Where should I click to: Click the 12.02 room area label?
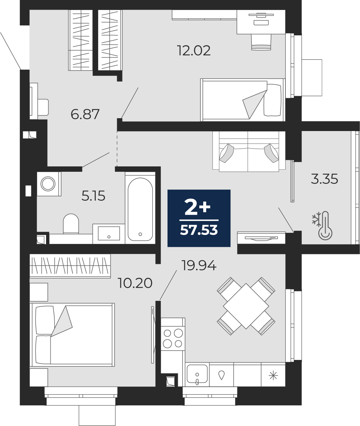pyautogui.click(x=194, y=51)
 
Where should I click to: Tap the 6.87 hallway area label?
pyautogui.click(x=85, y=114)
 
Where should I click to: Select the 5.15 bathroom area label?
pyautogui.click(x=93, y=196)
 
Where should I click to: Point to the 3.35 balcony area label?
pyautogui.click(x=324, y=179)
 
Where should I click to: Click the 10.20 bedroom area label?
pyautogui.click(x=135, y=283)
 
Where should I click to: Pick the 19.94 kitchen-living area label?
pyautogui.click(x=199, y=265)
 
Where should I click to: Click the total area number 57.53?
pyautogui.click(x=199, y=230)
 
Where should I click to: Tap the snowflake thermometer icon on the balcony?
pyautogui.click(x=322, y=226)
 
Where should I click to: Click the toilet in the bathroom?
pyautogui.click(x=71, y=224)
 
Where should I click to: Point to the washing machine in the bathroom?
pyautogui.click(x=49, y=184)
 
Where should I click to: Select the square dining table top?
pyautogui.click(x=246, y=306)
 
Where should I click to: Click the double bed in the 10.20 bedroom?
pyautogui.click(x=72, y=335)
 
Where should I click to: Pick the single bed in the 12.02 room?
pyautogui.click(x=242, y=100)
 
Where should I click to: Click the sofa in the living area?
pyautogui.click(x=249, y=151)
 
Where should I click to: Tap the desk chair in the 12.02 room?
pyautogui.click(x=261, y=42)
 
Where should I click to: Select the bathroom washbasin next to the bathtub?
pyautogui.click(x=109, y=234)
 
